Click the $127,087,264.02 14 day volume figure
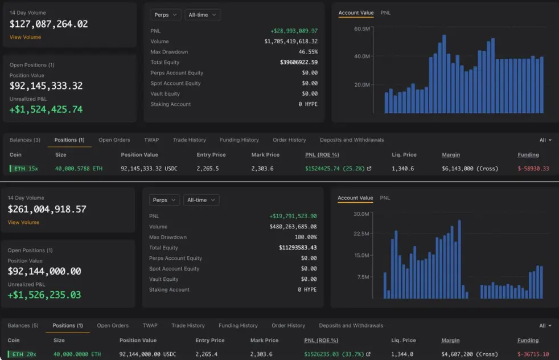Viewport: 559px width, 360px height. (x=48, y=24)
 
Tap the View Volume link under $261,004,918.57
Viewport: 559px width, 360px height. (x=23, y=222)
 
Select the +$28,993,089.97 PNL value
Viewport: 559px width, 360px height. (x=294, y=31)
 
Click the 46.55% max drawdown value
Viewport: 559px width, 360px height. (x=308, y=52)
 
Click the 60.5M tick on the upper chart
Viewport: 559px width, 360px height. (x=362, y=28)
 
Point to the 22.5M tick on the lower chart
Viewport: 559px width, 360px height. (x=361, y=234)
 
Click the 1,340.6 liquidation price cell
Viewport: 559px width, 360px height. (x=403, y=169)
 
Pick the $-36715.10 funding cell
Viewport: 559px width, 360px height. (x=533, y=354)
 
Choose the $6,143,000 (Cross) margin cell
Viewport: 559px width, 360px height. (x=470, y=169)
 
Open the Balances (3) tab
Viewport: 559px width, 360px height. (x=25, y=140)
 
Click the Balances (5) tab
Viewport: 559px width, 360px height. (x=23, y=325)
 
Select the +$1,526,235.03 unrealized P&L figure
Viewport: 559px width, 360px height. (x=44, y=294)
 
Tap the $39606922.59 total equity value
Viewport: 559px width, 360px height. (x=299, y=63)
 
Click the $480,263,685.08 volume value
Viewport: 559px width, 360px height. (x=293, y=227)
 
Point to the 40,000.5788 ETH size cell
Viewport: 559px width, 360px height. (x=79, y=169)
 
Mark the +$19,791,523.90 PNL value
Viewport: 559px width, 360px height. (x=293, y=216)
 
